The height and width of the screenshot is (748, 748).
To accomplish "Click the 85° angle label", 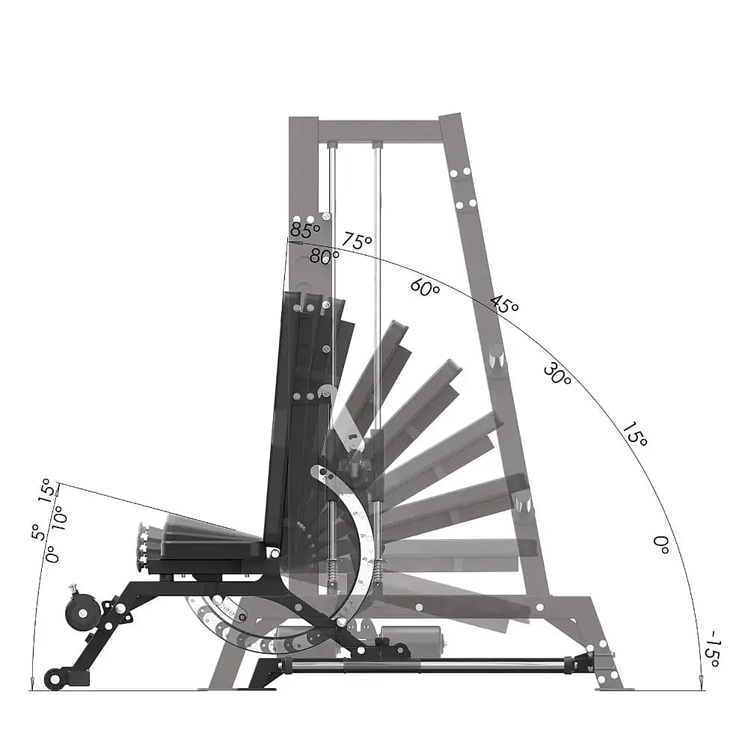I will (x=304, y=230).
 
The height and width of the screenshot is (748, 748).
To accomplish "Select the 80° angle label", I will (x=325, y=256).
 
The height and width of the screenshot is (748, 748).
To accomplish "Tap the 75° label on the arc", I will (x=358, y=242).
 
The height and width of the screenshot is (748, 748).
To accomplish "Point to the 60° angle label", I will (x=425, y=288).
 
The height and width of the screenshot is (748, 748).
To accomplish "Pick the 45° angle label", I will (x=504, y=304).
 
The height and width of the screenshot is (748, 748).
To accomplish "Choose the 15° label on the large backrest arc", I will (x=634, y=434).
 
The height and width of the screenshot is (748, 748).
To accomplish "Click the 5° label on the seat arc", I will (x=36, y=532).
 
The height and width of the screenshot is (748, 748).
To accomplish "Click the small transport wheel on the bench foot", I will (x=55, y=678).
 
